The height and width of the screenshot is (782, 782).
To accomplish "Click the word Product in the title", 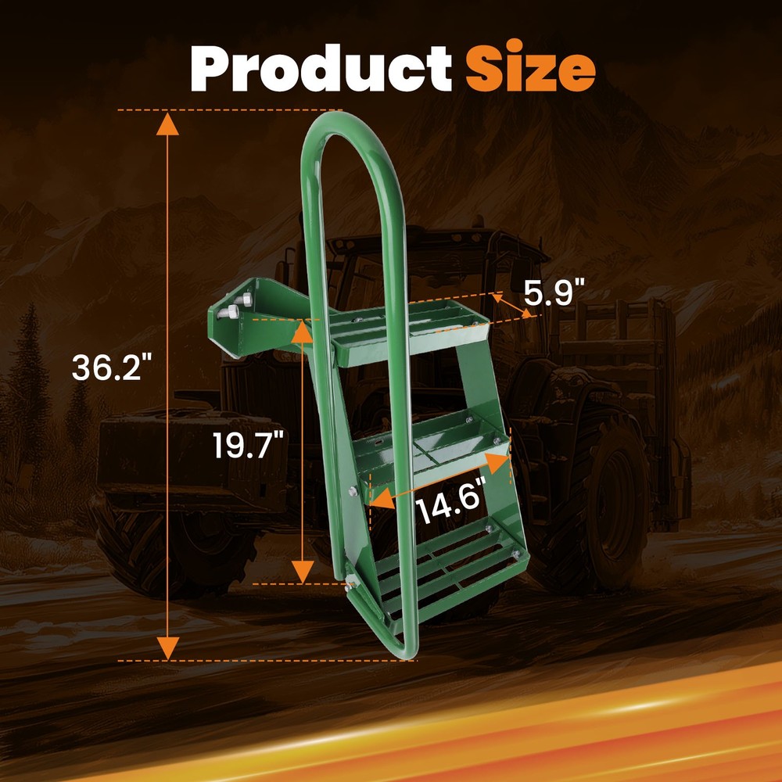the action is click(321, 68).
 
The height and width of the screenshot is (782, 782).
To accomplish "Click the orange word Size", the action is click(530, 66).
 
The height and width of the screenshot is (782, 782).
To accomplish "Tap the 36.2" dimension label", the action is click(112, 368).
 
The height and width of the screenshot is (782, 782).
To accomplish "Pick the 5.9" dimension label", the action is click(554, 292).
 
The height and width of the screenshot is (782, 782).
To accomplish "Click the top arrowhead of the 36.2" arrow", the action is click(167, 124).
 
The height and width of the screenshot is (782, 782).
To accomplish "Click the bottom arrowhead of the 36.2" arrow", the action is click(167, 648).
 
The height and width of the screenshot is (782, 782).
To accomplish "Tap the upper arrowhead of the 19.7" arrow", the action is click(302, 332).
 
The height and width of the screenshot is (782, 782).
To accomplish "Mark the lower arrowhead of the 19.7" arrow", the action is click(302, 572).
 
